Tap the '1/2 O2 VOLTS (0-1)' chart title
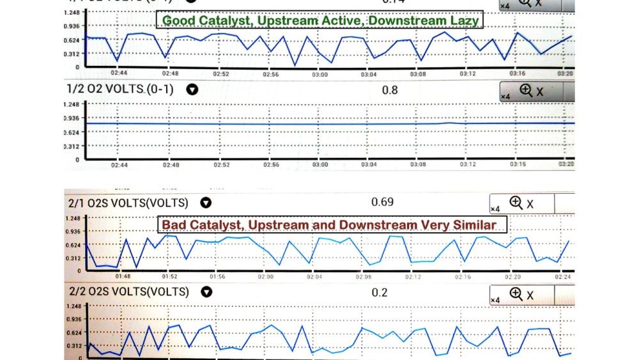pos(123,89)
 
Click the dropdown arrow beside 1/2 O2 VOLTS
pos(191,90)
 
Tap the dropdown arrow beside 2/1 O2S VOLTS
pos(206,203)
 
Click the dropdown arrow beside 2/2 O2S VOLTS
pos(206,292)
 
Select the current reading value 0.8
pos(389,90)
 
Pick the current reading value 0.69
pos(382,202)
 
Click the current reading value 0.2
pos(380,292)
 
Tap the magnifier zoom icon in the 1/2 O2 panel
pos(527,91)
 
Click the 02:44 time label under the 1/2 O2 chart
pos(119,164)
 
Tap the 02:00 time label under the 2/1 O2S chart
pos(265,276)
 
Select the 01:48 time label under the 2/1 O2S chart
pos(123,276)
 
